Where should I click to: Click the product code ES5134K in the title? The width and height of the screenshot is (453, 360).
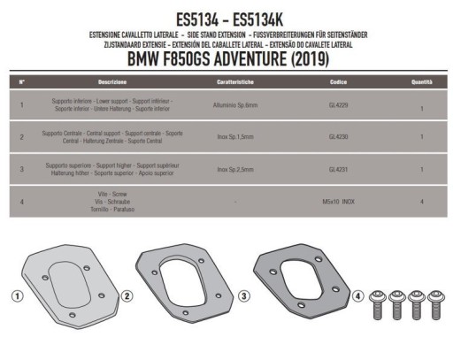pyautogui.click(x=265, y=16)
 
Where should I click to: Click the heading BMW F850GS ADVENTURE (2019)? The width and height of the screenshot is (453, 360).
pyautogui.click(x=226, y=59)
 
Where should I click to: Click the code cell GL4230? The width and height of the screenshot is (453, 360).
pyautogui.click(x=337, y=137)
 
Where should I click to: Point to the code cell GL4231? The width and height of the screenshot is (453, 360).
pyautogui.click(x=337, y=168)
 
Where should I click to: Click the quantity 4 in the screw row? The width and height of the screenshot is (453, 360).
pyautogui.click(x=422, y=201)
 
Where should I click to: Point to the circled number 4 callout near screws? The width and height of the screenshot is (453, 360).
pyautogui.click(x=356, y=294)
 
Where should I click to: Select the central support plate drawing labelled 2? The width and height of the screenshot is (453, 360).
pyautogui.click(x=183, y=273)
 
